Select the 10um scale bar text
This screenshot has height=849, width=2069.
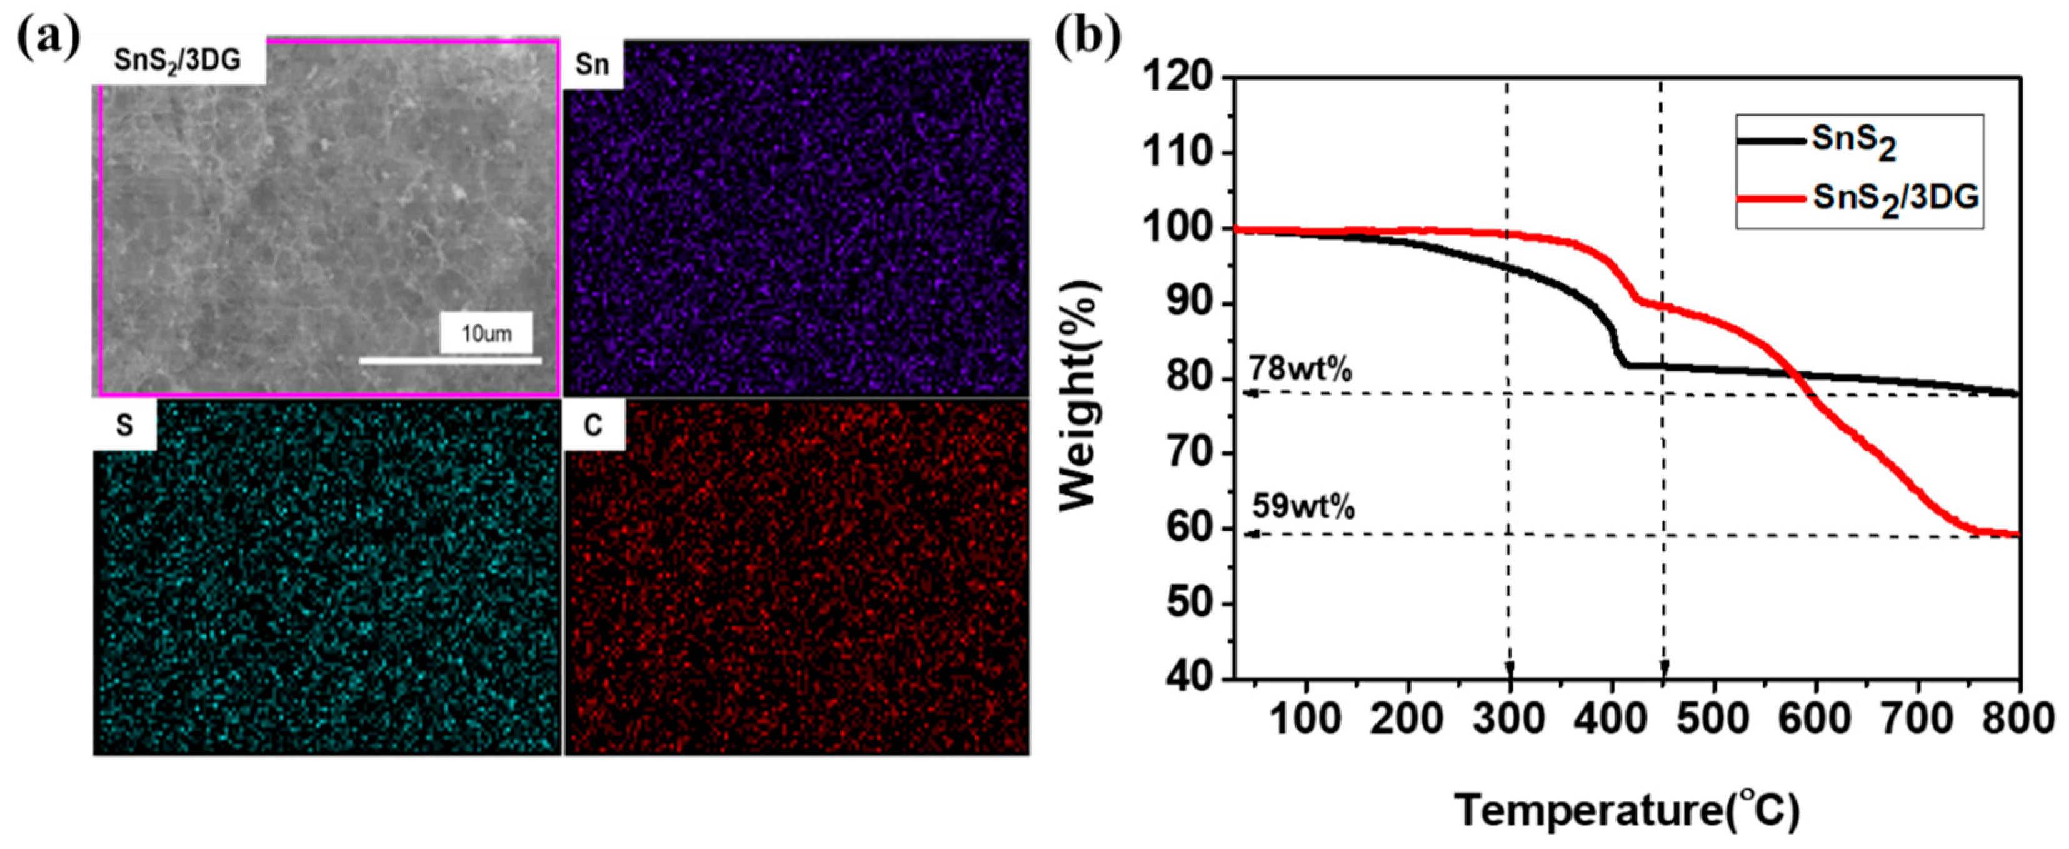[486, 333]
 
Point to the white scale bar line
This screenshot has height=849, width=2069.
[450, 361]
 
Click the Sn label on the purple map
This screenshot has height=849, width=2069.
[593, 64]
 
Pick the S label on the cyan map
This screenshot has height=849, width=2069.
[124, 426]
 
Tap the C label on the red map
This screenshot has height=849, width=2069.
[593, 426]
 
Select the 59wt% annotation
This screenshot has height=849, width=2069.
[1303, 508]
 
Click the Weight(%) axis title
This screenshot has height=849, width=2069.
[1079, 395]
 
